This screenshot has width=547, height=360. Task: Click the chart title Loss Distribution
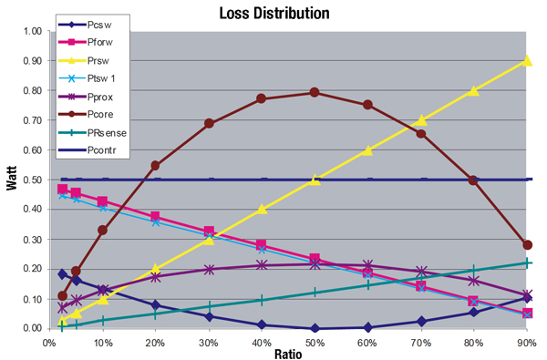click(x=273, y=14)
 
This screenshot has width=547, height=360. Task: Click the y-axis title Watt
click(x=12, y=180)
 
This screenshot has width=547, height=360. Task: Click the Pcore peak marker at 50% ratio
click(x=315, y=92)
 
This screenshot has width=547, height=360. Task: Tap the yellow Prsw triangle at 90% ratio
click(x=528, y=60)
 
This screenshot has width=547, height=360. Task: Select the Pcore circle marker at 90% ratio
click(x=528, y=245)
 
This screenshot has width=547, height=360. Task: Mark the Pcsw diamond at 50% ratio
click(x=315, y=328)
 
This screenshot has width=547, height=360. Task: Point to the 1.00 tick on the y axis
click(x=31, y=31)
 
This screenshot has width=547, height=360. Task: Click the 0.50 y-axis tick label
click(x=31, y=180)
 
